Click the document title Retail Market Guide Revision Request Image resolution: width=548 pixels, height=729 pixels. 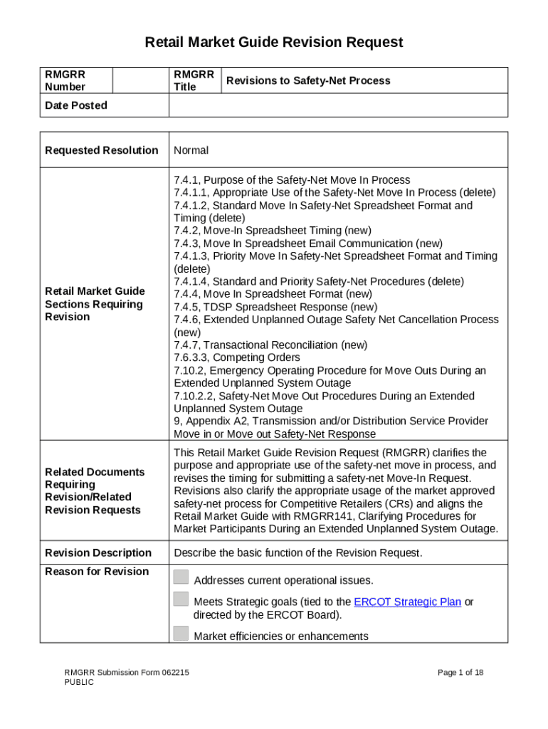tap(274, 43)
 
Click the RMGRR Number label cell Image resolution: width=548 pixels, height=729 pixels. tap(65, 80)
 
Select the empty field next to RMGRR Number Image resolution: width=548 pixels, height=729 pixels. tap(140, 80)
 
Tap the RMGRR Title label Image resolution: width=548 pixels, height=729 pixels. tap(194, 80)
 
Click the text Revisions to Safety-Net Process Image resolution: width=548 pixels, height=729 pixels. tap(307, 81)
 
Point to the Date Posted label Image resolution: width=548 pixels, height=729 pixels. tap(76, 105)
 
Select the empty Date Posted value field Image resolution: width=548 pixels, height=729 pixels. tap(338, 105)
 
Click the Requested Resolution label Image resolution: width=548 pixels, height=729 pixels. tap(101, 150)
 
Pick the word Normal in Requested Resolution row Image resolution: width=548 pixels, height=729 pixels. tap(191, 150)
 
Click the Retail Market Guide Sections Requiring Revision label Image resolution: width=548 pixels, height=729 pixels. tap(95, 304)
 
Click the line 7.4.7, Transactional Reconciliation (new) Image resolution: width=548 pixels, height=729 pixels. tap(270, 345)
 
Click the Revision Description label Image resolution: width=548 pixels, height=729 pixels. tap(98, 552)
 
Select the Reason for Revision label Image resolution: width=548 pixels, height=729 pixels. tap(97, 571)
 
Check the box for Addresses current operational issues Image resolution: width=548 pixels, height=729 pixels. tap(181, 577)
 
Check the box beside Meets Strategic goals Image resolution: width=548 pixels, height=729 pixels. tap(181, 599)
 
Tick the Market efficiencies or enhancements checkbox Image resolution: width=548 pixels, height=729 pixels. tap(181, 634)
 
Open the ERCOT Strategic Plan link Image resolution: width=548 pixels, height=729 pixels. tap(407, 602)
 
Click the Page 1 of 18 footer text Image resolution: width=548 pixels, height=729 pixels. tap(460, 672)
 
